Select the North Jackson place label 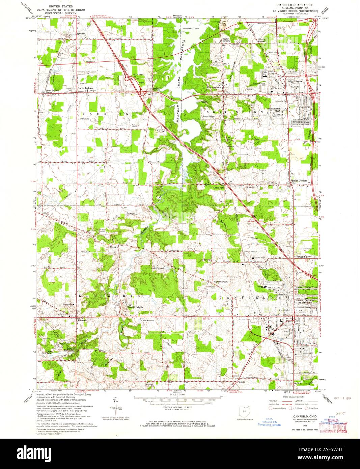tap(85, 88)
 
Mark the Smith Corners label tap(299, 181)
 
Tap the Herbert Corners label tap(303, 256)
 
